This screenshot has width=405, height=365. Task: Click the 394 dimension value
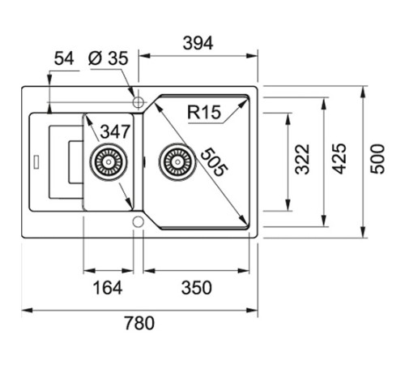click(198, 43)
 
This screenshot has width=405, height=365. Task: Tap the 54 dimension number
click(64, 58)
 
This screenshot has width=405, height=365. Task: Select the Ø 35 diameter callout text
click(108, 58)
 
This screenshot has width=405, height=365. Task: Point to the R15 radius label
click(204, 112)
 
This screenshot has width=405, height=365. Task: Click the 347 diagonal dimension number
click(115, 131)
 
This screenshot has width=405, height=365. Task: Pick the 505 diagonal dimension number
click(214, 162)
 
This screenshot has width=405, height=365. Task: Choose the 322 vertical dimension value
click(302, 159)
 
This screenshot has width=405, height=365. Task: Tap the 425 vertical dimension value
click(339, 159)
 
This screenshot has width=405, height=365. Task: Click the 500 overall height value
click(377, 159)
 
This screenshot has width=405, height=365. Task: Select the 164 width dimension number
click(108, 288)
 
